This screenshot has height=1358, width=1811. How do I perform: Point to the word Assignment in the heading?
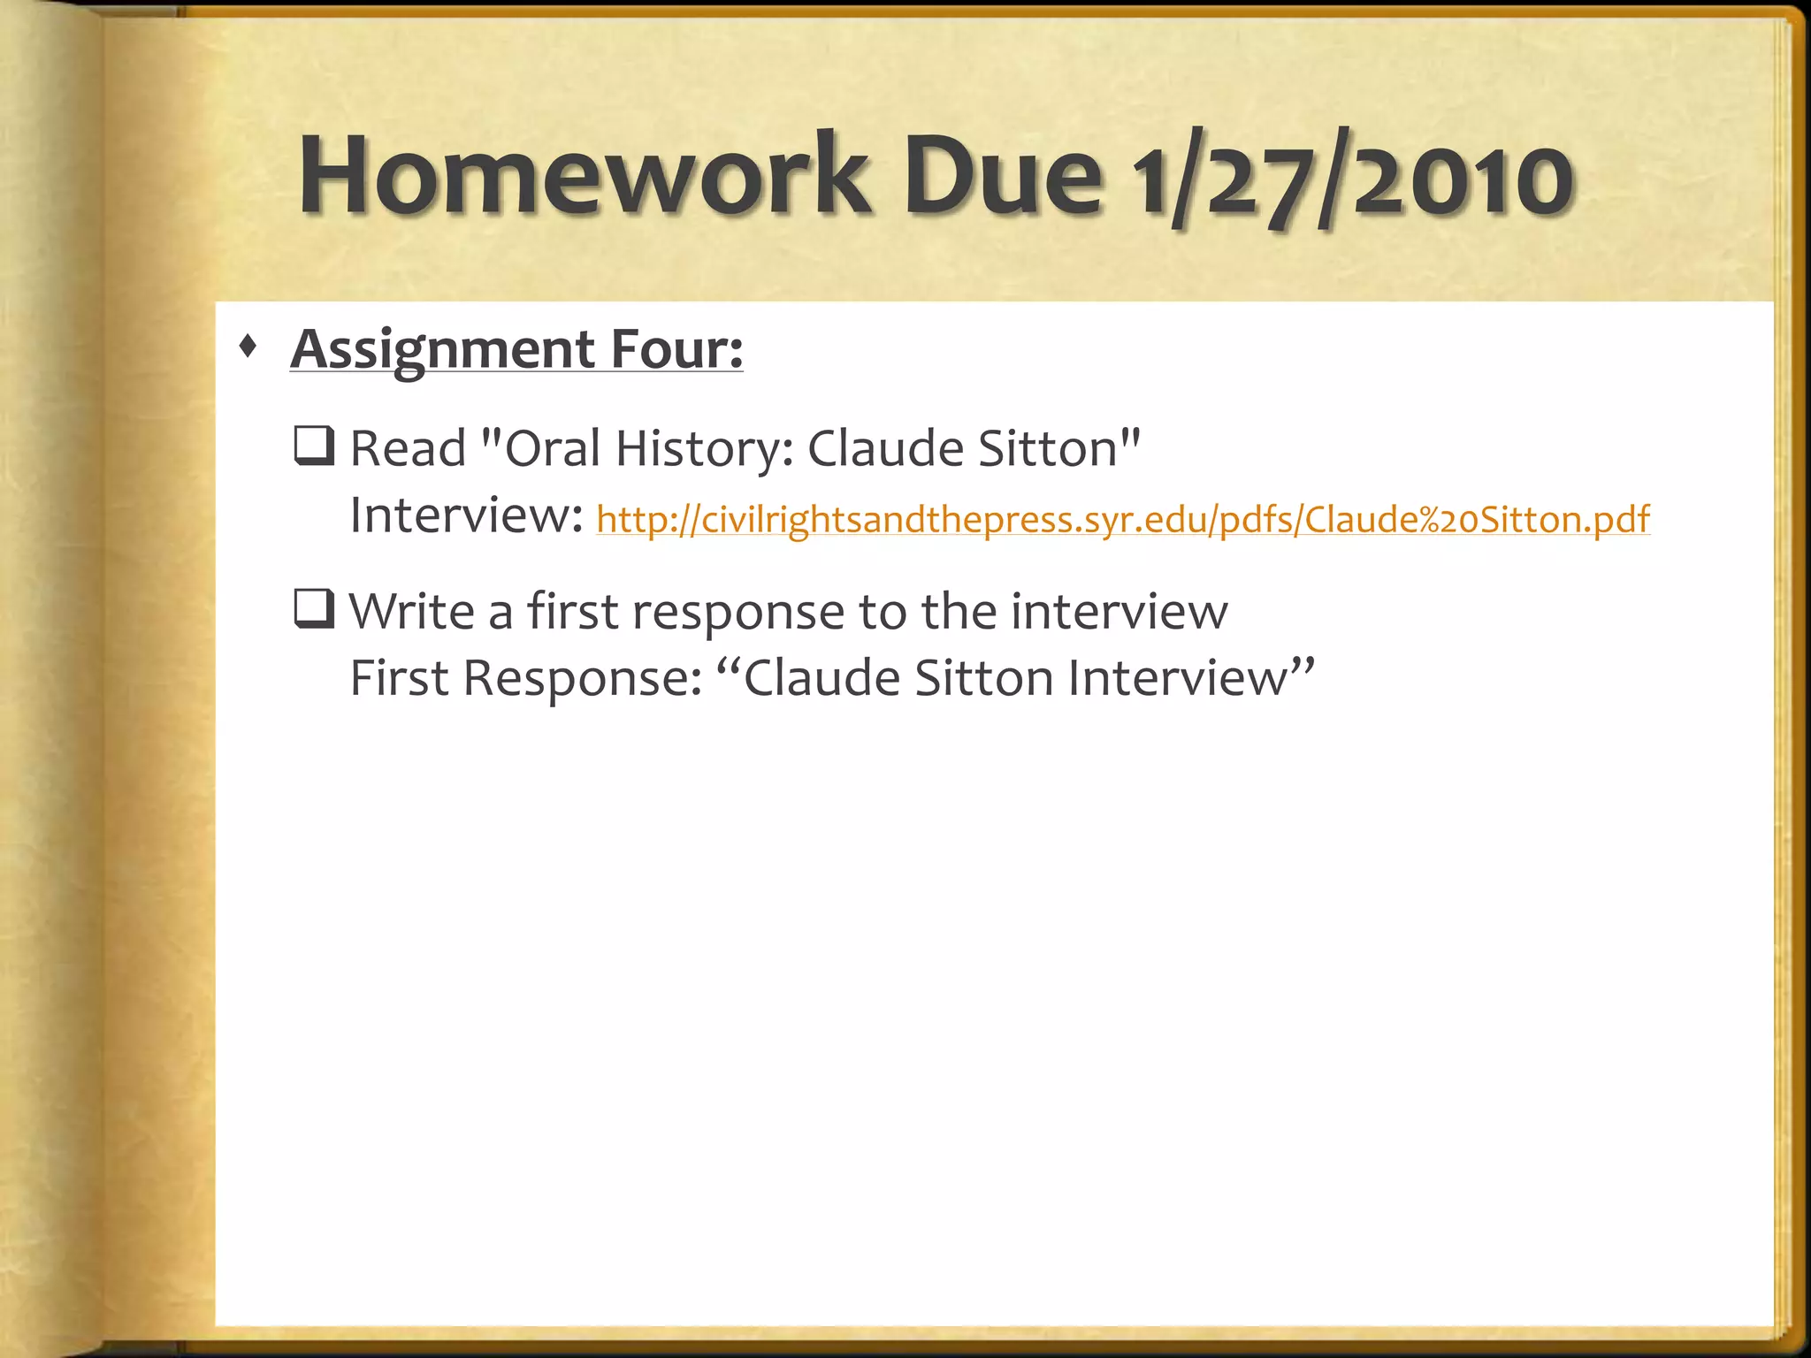coord(442,350)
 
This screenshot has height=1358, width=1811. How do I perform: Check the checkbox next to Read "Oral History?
coord(313,446)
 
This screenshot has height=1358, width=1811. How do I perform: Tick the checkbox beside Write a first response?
coord(313,609)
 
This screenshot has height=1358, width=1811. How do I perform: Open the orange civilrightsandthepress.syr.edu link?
coord(1122,519)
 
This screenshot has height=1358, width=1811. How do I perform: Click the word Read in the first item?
coord(408,448)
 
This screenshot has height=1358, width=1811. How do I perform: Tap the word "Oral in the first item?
coord(540,448)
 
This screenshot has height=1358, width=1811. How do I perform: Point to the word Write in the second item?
coord(412,611)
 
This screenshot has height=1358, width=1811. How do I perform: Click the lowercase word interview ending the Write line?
coord(1119,611)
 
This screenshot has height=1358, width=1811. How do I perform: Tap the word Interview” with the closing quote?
coord(1190,678)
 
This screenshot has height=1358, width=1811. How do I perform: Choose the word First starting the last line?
coord(399,678)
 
